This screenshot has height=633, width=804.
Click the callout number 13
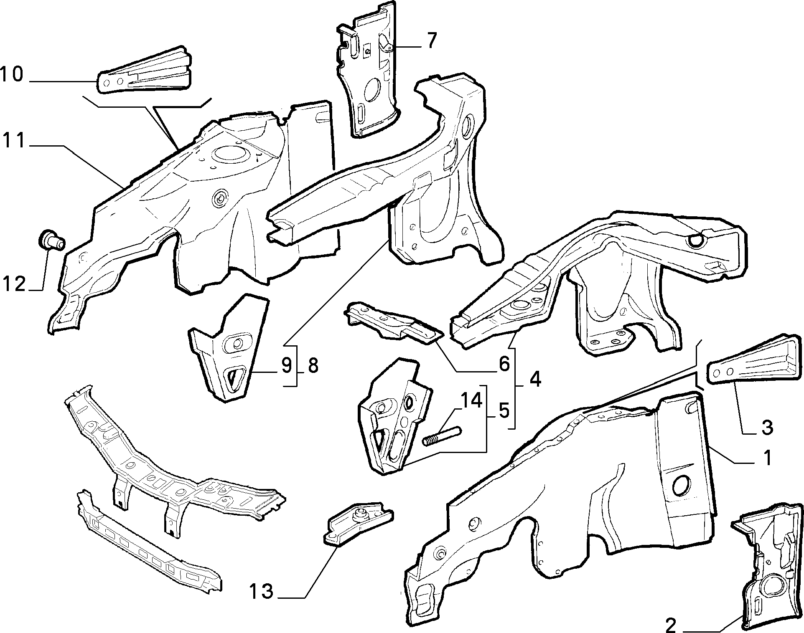262,591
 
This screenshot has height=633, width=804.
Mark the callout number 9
286,365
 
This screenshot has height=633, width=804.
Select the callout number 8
313,365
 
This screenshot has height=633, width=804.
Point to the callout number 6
504,364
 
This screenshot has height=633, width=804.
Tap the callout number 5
504,411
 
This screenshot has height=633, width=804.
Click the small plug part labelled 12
51,240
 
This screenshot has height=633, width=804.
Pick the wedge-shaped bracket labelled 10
145,71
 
